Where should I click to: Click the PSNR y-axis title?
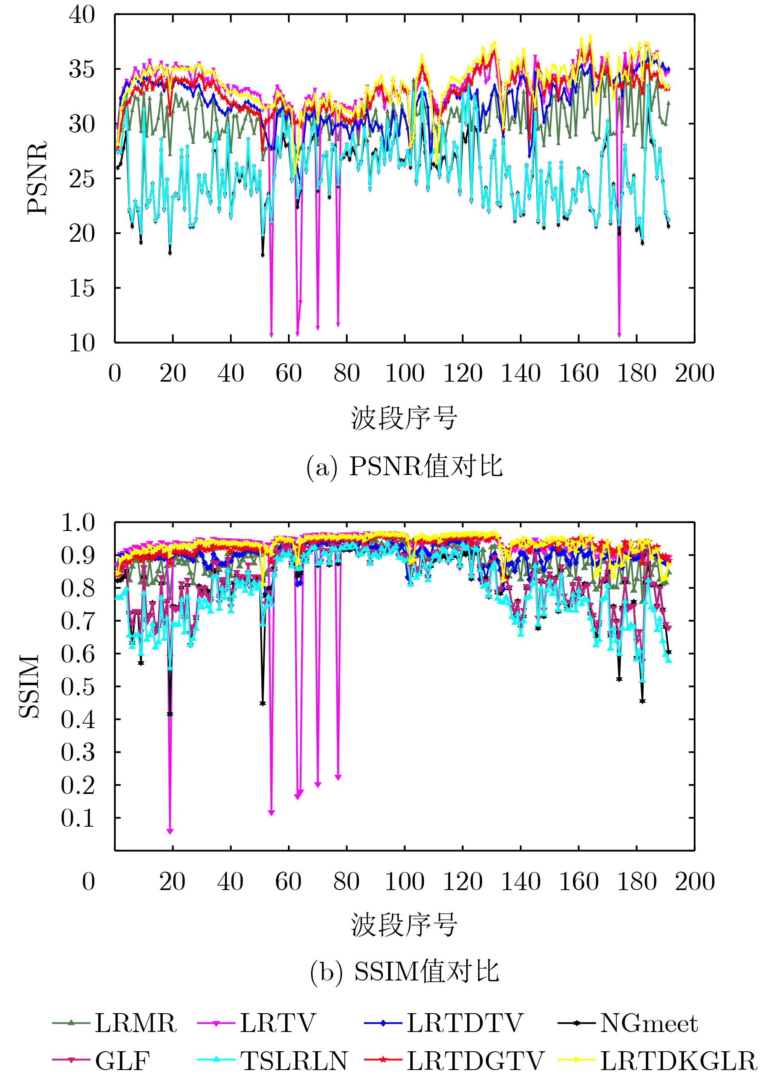37,178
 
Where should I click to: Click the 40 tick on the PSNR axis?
82,15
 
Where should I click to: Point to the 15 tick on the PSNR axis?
82,288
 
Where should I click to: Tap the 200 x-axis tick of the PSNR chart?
694,373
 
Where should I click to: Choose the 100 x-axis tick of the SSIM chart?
404,882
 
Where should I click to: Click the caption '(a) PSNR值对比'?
404,466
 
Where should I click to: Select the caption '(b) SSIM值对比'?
404,971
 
